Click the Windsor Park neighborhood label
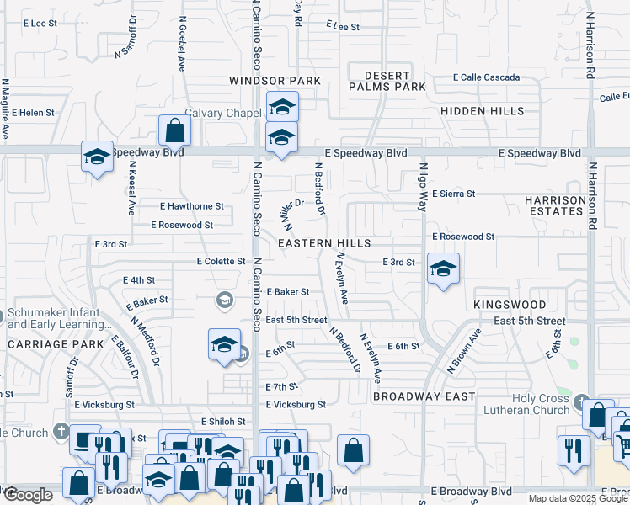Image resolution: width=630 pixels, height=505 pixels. click(x=275, y=81)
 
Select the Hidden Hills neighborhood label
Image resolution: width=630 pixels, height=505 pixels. click(x=482, y=111)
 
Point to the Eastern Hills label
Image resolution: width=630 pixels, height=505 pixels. click(x=324, y=243)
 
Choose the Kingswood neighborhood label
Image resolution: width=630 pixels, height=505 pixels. click(x=510, y=305)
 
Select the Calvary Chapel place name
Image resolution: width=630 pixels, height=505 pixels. click(x=223, y=114)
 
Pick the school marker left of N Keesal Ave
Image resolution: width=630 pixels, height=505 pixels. click(x=98, y=157)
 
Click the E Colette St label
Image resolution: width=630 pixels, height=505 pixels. click(x=221, y=262)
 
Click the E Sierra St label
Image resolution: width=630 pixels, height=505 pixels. click(x=453, y=194)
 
